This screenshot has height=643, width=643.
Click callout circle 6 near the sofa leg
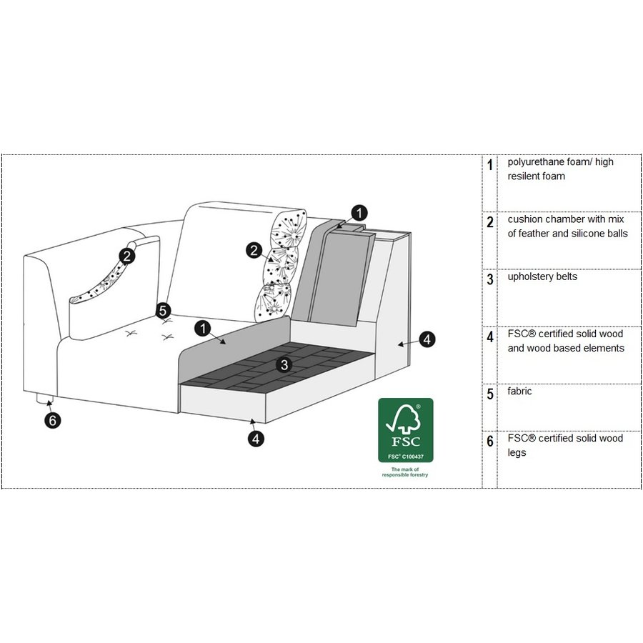point(52,420)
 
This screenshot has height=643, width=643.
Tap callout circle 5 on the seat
point(164,311)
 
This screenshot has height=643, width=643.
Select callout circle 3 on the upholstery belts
point(284,365)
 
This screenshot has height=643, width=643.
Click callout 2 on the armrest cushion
point(126,255)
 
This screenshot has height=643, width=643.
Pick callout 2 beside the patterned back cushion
point(254,250)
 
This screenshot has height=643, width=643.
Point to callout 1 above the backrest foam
point(359,211)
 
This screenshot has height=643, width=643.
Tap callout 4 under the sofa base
point(256,438)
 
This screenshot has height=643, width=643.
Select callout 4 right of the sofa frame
point(427,340)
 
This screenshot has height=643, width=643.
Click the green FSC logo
point(405,429)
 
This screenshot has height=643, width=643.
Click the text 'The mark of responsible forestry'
point(405,472)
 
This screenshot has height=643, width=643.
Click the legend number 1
point(490,165)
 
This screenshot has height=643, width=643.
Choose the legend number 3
point(490,279)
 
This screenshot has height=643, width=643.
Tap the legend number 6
point(490,442)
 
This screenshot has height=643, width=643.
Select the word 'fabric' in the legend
point(519,391)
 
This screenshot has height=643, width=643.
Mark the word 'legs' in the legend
point(517,453)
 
